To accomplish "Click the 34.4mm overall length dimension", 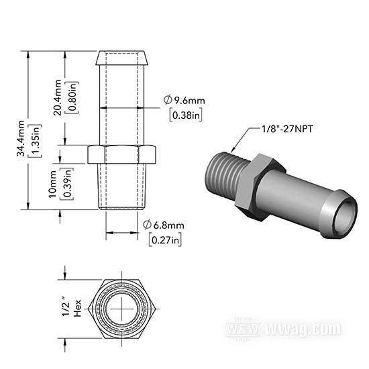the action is point(21,138).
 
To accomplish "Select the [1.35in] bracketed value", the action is point(35,141).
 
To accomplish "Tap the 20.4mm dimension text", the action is point(58,97).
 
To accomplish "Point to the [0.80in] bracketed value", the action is point(72,98).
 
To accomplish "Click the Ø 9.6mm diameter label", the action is point(184,100).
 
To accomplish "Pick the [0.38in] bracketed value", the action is point(186,115).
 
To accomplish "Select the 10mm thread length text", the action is point(53,184).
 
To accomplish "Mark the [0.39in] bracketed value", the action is point(67,184).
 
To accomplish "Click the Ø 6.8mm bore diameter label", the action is point(164,225).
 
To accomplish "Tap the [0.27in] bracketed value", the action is point(165,240).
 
